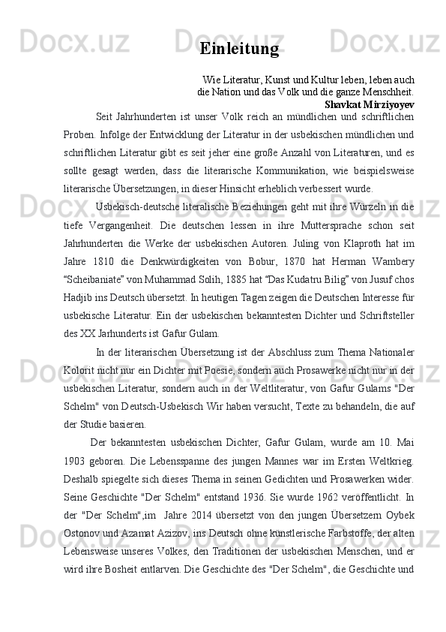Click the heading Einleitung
(239, 49)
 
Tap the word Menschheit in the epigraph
(387, 91)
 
